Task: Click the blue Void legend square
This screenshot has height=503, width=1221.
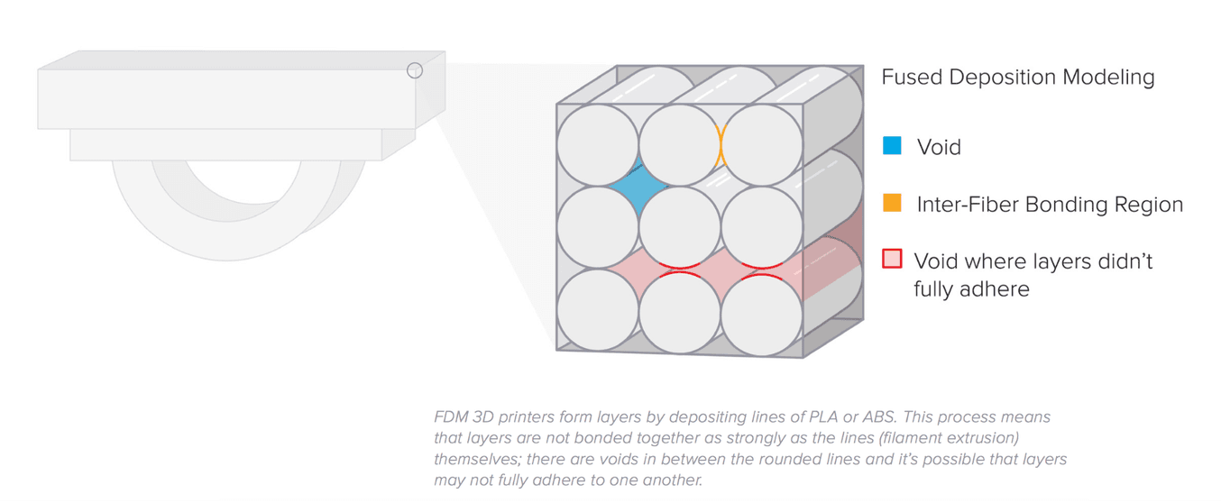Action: (x=892, y=145)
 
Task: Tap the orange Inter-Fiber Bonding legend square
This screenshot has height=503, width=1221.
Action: (x=892, y=203)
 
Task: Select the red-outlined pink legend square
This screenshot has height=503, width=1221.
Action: (x=892, y=260)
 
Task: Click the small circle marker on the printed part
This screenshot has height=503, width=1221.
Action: (x=415, y=70)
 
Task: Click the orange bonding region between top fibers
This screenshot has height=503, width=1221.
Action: (x=721, y=144)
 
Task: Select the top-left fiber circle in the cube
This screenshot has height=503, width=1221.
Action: (x=598, y=145)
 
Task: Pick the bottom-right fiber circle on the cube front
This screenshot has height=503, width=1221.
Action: (x=762, y=310)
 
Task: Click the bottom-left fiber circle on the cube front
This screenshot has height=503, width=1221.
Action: (x=598, y=310)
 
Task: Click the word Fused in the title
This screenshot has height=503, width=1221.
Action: (x=912, y=78)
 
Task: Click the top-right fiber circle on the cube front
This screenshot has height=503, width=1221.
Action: (x=762, y=145)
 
